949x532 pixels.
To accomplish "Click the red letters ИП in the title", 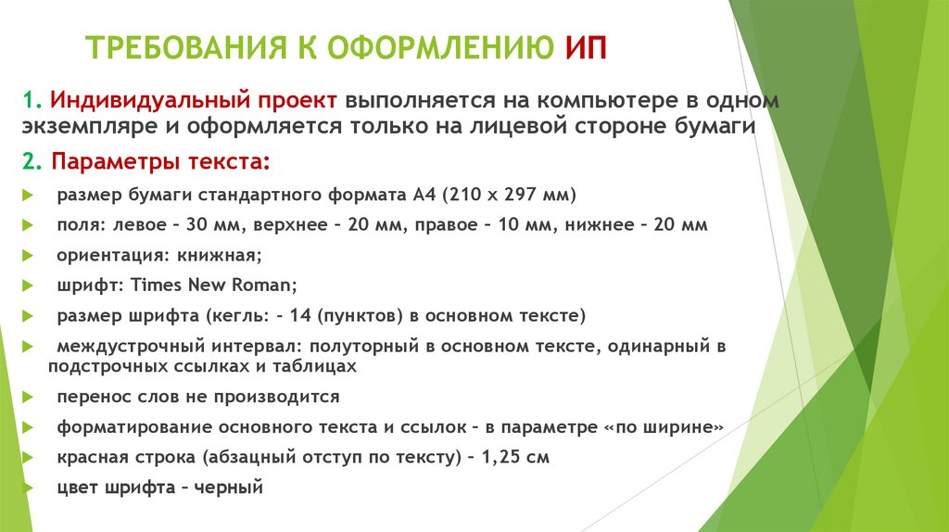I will click(x=585, y=48).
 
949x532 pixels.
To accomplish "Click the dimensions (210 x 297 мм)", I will click(x=510, y=196).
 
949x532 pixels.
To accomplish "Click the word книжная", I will click(x=217, y=255).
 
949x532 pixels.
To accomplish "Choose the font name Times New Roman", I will click(x=213, y=285).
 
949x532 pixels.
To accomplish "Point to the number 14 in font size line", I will click(x=299, y=316).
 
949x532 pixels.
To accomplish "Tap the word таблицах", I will click(x=319, y=366).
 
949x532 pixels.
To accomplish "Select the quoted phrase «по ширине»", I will click(x=662, y=427).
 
